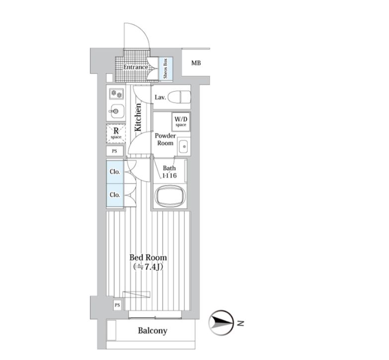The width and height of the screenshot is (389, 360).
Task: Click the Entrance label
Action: click(136, 67)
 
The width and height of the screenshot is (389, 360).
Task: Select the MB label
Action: click(196, 63)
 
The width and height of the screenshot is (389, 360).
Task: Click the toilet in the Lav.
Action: click(179, 97)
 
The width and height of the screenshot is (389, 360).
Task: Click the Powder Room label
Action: click(165, 139)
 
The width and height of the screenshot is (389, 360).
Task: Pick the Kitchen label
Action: click(139, 117)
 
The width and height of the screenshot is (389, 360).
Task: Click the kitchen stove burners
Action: click(116, 93)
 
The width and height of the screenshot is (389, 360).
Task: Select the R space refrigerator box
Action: click(116, 132)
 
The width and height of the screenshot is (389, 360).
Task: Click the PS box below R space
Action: click(114, 151)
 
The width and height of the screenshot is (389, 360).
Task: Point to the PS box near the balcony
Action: click(117, 305)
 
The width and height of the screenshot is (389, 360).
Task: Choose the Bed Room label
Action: click(148, 258)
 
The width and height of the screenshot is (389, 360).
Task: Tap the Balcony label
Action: click(153, 331)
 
